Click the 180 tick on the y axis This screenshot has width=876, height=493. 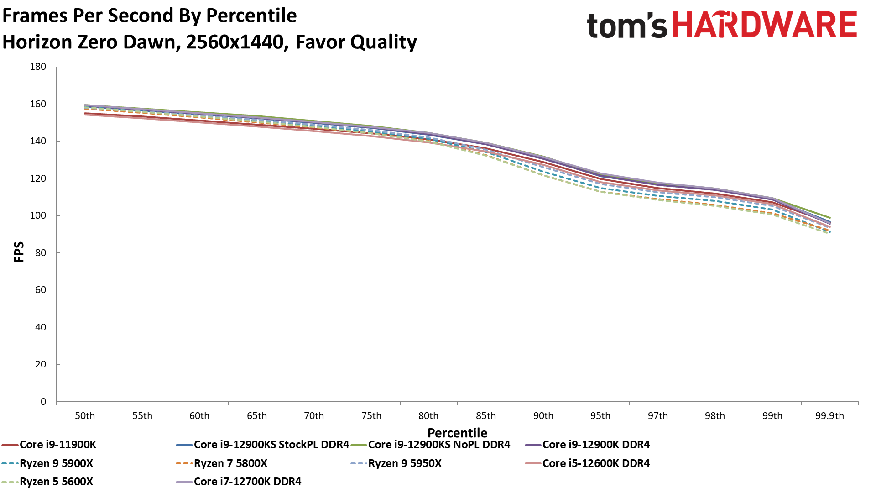(x=38, y=67)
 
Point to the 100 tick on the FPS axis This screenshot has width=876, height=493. (x=38, y=215)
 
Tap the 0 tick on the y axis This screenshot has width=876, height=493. (x=43, y=402)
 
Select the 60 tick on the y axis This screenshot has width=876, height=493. (x=41, y=290)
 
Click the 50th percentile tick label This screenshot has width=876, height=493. (x=85, y=416)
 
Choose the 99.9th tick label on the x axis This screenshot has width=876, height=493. (x=829, y=416)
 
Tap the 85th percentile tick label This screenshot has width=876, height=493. (x=486, y=416)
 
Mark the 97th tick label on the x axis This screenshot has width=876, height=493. (x=658, y=416)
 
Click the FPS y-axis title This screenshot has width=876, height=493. (x=19, y=252)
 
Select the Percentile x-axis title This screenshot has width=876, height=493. (x=457, y=433)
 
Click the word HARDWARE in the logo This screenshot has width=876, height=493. (x=765, y=25)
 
